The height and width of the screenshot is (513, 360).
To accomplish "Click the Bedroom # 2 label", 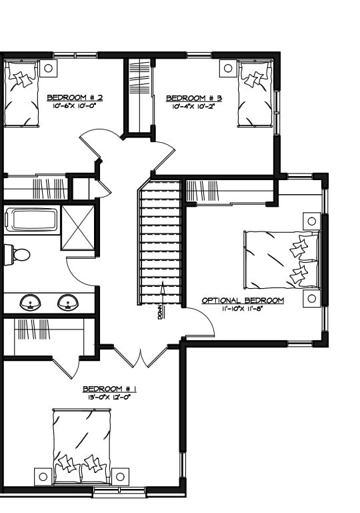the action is click(x=75, y=97).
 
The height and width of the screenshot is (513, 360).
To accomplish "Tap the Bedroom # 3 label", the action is click(x=194, y=98).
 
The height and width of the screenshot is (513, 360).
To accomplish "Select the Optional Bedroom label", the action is click(x=243, y=300).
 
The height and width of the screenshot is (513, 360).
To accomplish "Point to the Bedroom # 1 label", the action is click(x=109, y=389).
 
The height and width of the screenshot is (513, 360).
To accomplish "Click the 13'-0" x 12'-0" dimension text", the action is click(x=109, y=398).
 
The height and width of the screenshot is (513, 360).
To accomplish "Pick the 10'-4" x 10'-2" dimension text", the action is click(x=194, y=106).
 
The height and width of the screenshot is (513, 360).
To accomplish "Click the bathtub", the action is click(x=31, y=219).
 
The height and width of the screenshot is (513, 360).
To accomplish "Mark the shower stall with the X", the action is click(x=78, y=227).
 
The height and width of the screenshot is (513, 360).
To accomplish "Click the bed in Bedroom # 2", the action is click(x=21, y=93).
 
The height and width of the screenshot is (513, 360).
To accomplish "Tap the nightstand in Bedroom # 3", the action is click(x=228, y=69).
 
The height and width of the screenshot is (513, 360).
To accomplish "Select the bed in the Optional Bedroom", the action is click(x=281, y=260).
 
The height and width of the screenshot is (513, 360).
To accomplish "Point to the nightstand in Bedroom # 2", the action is click(x=48, y=69).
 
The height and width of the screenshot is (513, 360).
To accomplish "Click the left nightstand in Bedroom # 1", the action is click(x=43, y=477).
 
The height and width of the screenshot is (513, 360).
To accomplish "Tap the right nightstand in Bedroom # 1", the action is click(x=120, y=477).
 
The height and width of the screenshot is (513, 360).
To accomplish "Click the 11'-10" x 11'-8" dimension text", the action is click(x=242, y=308).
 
